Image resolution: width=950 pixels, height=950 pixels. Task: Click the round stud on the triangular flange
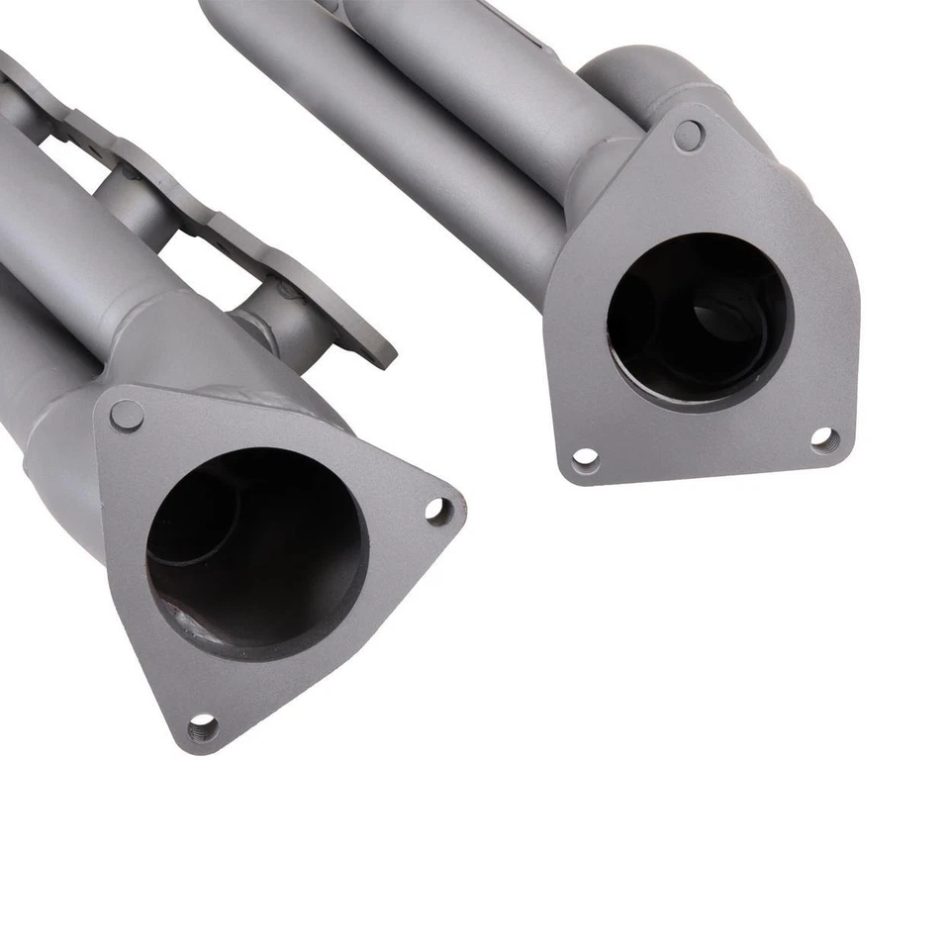(126, 416)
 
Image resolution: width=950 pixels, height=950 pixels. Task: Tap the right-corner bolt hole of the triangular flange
(437, 510)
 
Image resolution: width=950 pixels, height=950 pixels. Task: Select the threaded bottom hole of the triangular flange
(203, 729)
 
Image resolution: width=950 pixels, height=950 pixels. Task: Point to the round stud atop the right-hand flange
(689, 136)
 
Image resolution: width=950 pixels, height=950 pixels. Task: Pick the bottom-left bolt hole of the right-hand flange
(586, 459)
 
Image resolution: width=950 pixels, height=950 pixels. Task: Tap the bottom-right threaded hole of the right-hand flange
(824, 439)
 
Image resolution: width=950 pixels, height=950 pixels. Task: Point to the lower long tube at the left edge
(25, 366)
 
